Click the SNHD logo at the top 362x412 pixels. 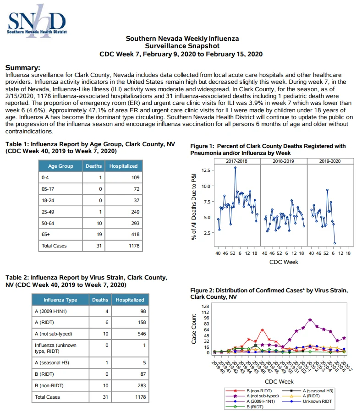coord(37,21)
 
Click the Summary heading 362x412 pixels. coord(23,67)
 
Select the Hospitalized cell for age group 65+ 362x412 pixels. coord(124,234)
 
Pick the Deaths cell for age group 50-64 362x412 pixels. coord(94,223)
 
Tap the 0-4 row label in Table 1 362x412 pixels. coord(45,177)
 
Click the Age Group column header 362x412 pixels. coord(60,166)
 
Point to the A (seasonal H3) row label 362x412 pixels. coord(52,363)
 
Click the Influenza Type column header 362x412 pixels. coord(60,300)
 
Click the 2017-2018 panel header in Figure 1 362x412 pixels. coord(237,161)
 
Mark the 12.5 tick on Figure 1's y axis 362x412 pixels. coord(206,170)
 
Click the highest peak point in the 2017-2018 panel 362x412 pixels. coord(235,168)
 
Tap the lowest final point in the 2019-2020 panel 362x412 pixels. coord(335,243)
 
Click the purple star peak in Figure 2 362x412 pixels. coord(310,320)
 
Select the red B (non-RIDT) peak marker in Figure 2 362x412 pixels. coord(262,330)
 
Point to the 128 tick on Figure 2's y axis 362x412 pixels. coord(205,307)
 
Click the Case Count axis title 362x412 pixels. coord(194,329)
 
